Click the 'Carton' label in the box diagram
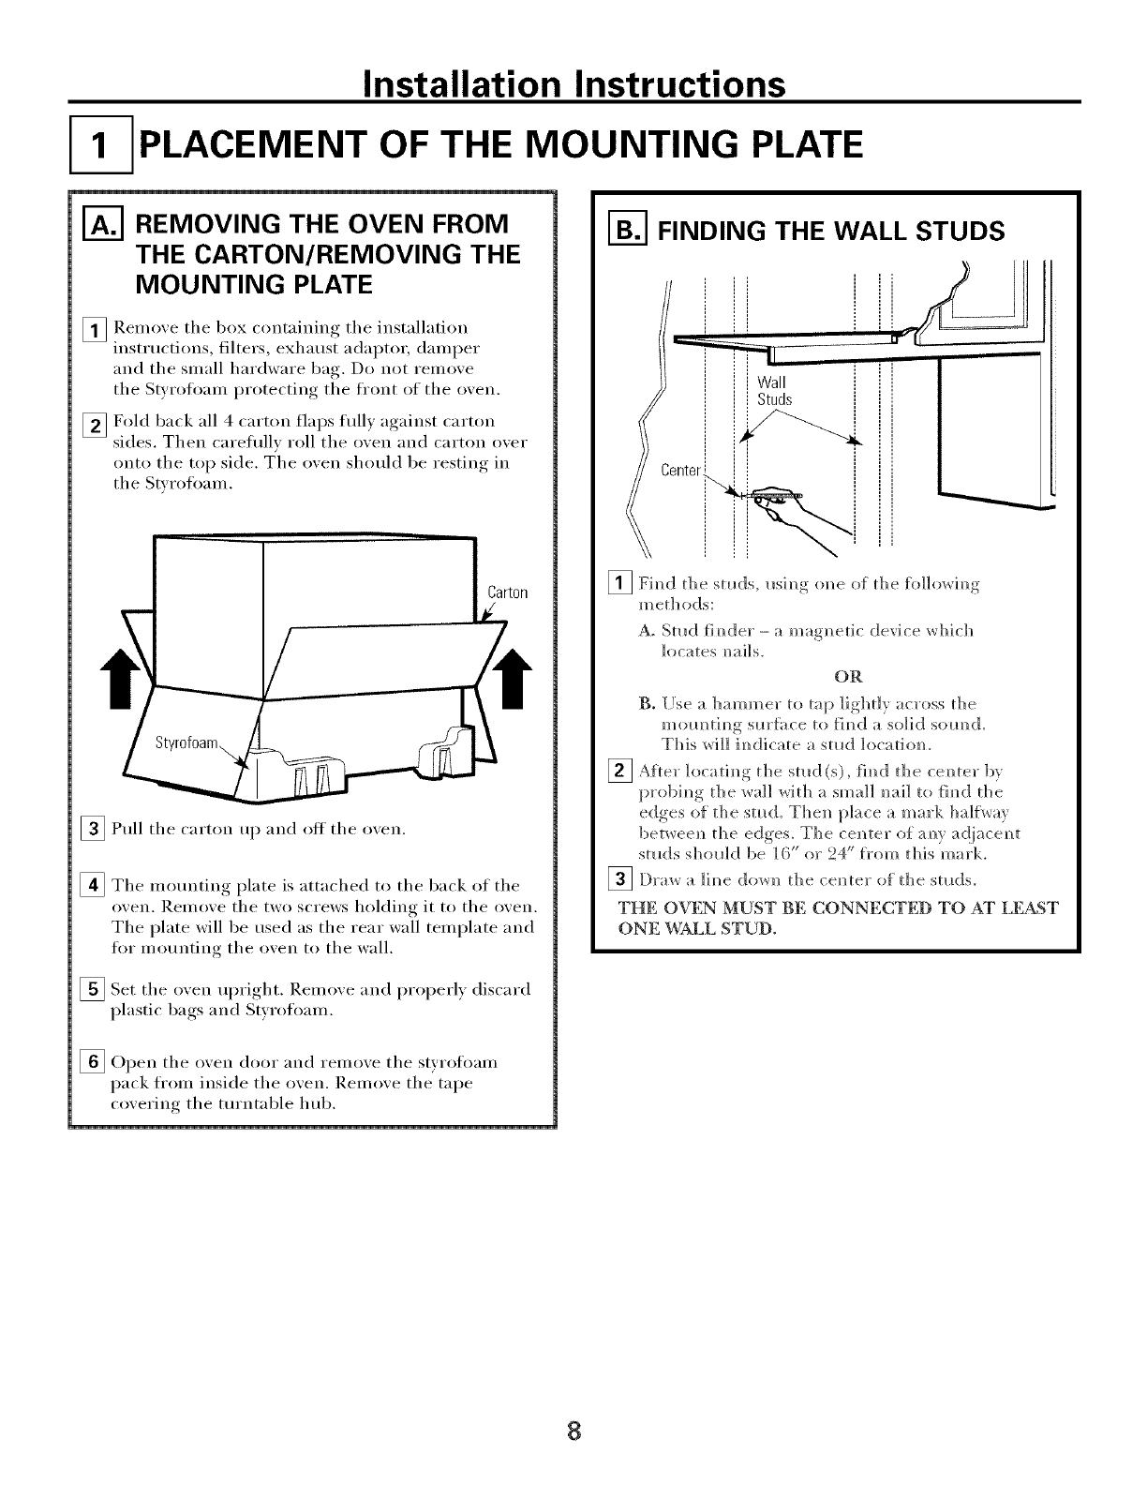click(x=509, y=592)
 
